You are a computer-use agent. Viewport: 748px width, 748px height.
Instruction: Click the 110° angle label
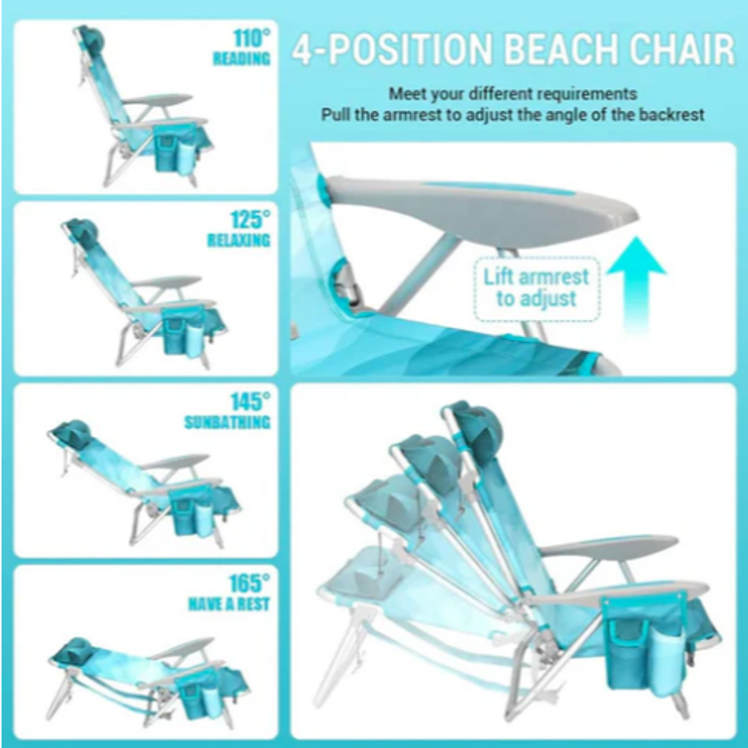(252, 39)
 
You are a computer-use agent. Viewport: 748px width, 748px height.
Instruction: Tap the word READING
(241, 59)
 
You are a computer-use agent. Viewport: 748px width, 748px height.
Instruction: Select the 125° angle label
(250, 220)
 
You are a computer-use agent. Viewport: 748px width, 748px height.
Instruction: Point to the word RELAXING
(238, 240)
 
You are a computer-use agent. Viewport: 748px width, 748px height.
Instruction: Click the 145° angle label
(250, 402)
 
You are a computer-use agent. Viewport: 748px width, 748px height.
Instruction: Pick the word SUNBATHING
(227, 422)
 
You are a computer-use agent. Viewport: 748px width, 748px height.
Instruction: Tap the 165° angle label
(249, 583)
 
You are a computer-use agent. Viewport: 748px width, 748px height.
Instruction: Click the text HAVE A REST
(229, 604)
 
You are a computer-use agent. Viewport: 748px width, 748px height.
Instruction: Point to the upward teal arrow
(636, 285)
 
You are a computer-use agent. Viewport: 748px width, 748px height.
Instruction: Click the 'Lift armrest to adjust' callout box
(537, 288)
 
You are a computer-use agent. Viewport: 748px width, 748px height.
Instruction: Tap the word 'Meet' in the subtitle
(408, 94)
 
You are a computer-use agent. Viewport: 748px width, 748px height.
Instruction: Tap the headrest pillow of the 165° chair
(74, 648)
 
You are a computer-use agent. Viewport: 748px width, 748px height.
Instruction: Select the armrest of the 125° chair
(167, 282)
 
